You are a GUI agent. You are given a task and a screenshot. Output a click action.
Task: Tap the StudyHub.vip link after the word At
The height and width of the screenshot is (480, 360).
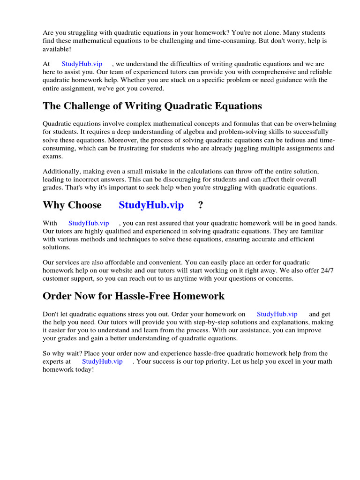82,64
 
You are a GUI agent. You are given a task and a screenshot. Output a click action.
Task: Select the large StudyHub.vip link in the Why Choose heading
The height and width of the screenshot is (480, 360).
151,205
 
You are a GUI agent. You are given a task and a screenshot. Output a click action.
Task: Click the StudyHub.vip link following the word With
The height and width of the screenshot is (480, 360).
89,223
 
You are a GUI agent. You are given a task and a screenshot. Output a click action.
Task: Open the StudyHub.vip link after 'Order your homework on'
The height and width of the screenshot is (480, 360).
277,314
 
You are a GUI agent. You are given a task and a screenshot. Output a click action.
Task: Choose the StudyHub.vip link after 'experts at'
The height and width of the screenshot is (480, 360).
102,361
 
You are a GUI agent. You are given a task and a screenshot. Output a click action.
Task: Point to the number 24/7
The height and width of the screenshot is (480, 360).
327,270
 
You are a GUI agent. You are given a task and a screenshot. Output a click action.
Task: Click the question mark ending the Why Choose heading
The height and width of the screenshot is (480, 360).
200,205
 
